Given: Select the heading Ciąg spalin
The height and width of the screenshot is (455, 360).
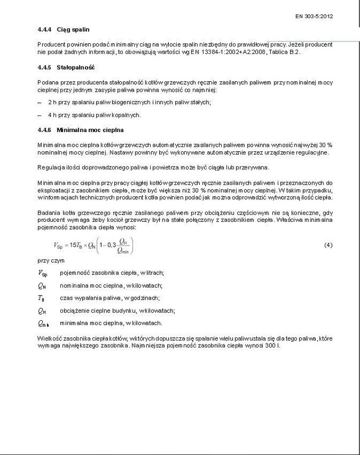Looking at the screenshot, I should [69, 28].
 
